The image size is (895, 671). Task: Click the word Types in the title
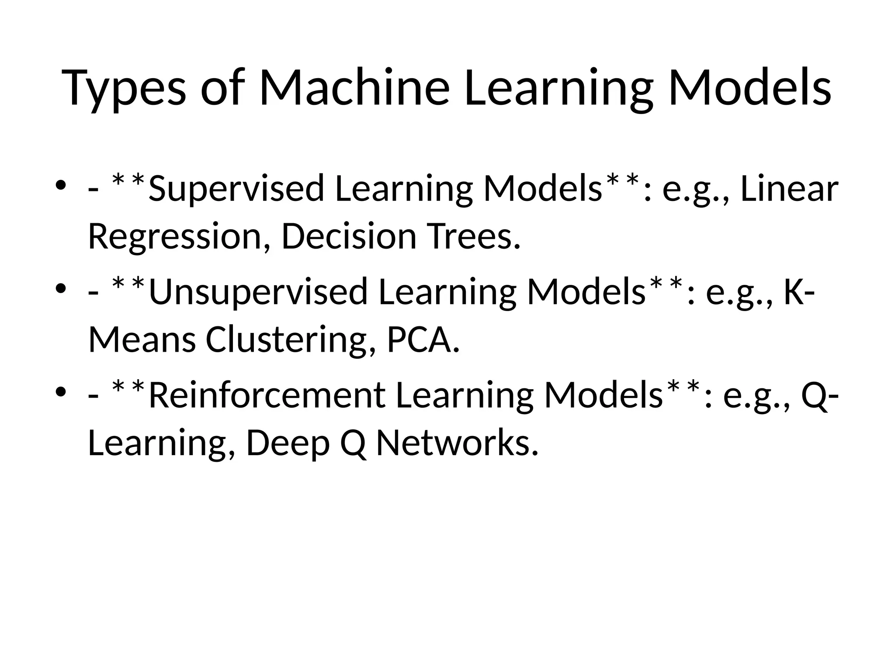click(x=124, y=88)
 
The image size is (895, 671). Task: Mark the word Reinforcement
click(x=267, y=395)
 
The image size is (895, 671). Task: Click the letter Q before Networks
click(x=353, y=443)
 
